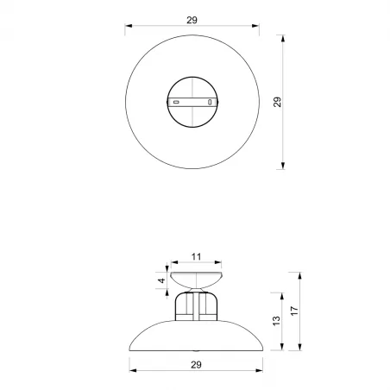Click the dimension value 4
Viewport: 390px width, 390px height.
point(160,280)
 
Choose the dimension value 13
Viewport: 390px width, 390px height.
point(275,320)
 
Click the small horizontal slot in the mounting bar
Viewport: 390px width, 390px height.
point(176,103)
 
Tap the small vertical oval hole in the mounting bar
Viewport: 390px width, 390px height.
point(210,103)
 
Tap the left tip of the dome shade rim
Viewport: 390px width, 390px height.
point(130,348)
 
